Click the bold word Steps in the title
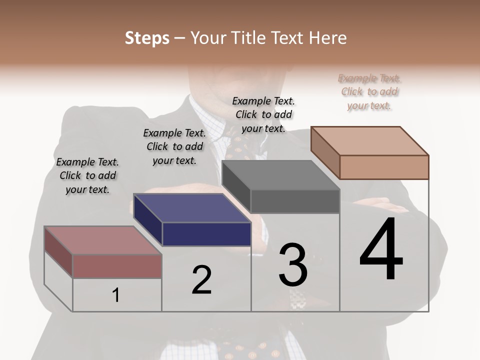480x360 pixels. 146,38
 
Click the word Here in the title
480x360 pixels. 326,38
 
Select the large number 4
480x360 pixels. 381,249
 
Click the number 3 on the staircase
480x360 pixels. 293,265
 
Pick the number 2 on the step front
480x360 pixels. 201,280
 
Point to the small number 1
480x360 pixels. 116,295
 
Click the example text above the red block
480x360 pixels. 87,175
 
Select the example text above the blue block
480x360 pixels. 174,146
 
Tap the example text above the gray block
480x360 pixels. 263,114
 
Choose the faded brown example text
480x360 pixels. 369,91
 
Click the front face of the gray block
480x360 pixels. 295,201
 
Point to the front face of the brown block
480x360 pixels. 384,167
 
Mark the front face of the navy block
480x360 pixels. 206,234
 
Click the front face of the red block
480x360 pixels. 117,266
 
